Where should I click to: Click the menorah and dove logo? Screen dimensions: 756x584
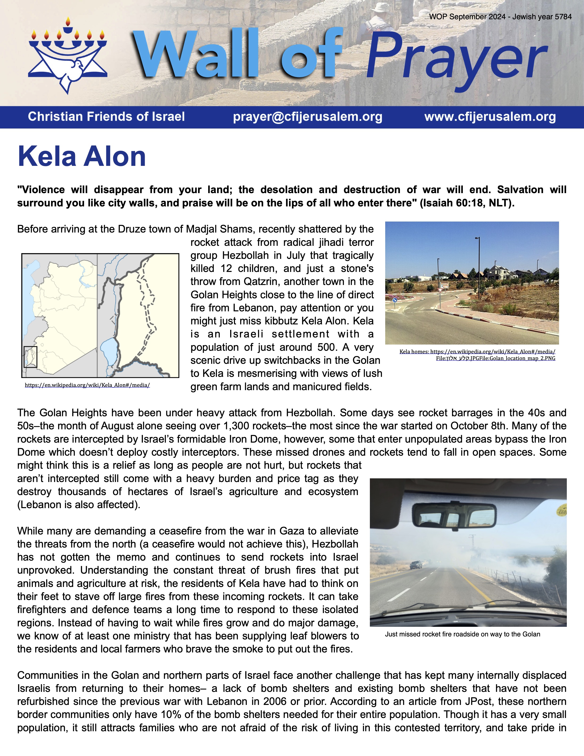[68, 55]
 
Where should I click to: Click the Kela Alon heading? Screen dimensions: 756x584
[82, 156]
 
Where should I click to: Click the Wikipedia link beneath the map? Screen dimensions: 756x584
[87, 385]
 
